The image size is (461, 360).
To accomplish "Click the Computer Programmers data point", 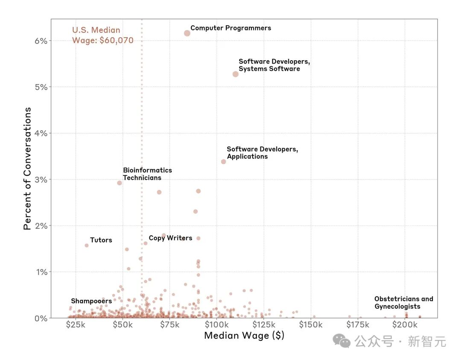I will [x=187, y=33].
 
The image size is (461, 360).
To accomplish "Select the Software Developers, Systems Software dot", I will [x=235, y=74].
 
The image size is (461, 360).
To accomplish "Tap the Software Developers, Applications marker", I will [x=223, y=161].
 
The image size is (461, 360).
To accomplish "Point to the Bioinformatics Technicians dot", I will [x=120, y=183].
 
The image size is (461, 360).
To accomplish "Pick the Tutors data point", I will [x=87, y=245].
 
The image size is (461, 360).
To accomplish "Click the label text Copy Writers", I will [x=170, y=238].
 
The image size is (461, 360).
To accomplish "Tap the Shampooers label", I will [x=91, y=301].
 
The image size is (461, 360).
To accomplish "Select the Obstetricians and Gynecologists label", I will [x=403, y=302].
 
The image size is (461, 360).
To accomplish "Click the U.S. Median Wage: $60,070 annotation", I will [x=102, y=35].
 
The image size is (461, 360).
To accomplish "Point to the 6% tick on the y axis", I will [x=41, y=41].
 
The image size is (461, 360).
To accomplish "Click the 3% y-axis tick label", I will [x=41, y=179].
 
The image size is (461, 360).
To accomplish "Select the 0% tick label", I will [x=41, y=318].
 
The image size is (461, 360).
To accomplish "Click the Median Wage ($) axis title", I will [x=244, y=336].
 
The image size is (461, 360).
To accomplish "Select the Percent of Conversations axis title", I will [x=27, y=168].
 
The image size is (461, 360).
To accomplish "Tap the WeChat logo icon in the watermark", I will [x=342, y=341].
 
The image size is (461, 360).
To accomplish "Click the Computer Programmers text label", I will [x=230, y=28].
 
